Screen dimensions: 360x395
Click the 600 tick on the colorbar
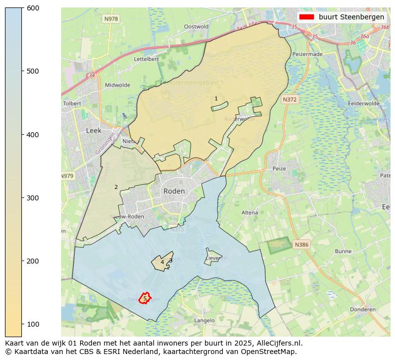coord(22,8)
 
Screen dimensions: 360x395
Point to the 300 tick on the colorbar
coord(22,198)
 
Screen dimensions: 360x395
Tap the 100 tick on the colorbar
coord(22,324)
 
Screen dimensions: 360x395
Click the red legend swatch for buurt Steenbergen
coord(307,17)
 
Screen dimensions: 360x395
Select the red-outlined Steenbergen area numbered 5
coord(145,298)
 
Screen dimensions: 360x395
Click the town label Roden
coord(174,191)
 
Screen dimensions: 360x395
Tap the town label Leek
coord(94,131)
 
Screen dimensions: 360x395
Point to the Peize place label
coord(279,169)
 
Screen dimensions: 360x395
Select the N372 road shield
coord(290,99)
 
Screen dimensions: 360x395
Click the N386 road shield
coord(301,245)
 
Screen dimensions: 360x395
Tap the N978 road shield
coord(111,19)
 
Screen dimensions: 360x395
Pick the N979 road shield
coord(67,176)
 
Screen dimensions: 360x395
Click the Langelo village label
coord(204,321)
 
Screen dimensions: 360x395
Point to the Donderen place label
coord(363,309)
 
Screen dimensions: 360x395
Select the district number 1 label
coord(216,98)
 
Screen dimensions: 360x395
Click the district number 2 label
coord(116,187)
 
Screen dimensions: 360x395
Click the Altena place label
coord(250,212)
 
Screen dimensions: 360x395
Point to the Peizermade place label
coord(308,54)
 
